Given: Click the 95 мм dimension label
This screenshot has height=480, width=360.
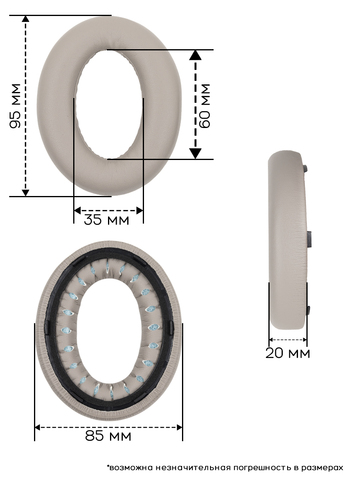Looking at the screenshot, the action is point(15,106).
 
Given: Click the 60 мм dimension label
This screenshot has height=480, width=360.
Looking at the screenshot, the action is point(204,106).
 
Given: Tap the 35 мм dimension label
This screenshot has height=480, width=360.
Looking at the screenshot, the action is point(106,220).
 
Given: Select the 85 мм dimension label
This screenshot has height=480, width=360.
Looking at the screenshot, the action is point(108,436).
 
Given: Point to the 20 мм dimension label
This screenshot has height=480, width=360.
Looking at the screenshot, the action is point(288,353).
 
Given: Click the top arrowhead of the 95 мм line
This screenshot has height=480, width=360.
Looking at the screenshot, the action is point(25,19).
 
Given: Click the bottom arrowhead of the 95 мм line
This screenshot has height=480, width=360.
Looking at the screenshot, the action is point(25,192).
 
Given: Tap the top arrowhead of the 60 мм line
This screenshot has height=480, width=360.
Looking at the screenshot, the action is point(195,55).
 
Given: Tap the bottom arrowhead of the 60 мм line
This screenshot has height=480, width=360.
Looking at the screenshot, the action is point(195,154).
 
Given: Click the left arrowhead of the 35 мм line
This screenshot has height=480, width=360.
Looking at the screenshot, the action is point(77,210).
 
